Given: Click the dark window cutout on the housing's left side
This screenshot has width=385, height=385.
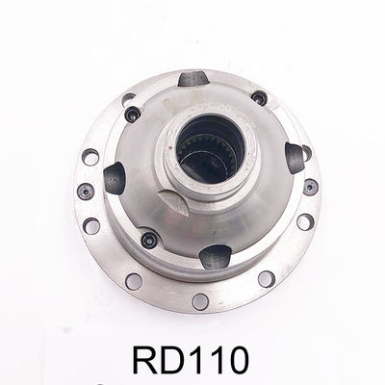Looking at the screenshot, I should pyautogui.click(x=115, y=177).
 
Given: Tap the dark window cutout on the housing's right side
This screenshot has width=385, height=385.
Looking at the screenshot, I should pyautogui.click(x=295, y=156).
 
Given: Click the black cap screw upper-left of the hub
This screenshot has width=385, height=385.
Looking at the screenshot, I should pyautogui.click(x=132, y=114).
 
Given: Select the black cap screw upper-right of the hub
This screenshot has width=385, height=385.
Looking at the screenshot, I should pyautogui.click(x=258, y=98).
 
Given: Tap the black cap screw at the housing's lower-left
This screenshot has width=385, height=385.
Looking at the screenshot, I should pyautogui.click(x=149, y=239).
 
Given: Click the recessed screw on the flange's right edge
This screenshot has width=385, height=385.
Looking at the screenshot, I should pyautogui.click(x=309, y=187).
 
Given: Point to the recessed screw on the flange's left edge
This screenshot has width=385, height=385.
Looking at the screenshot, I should pyautogui.click(x=86, y=191).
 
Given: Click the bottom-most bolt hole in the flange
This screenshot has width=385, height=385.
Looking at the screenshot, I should pyautogui.click(x=200, y=301).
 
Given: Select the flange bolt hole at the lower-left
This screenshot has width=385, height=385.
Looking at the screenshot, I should pyautogui.click(x=134, y=280).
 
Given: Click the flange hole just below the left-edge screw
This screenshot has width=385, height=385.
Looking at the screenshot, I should pyautogui.click(x=92, y=225).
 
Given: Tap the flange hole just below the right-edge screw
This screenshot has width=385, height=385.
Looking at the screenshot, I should pyautogui.click(x=304, y=221).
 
